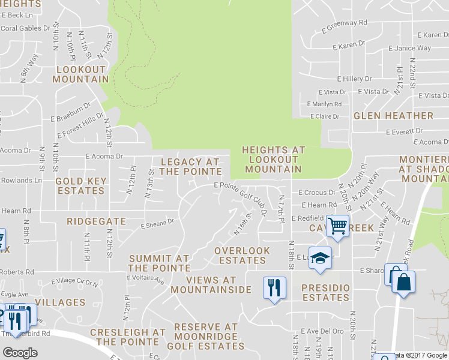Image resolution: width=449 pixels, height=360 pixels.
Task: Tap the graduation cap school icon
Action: click(x=321, y=257)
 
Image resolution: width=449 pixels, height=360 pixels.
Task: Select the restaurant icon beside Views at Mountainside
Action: click(x=274, y=287)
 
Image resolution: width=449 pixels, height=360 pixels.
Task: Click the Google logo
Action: click(x=20, y=353)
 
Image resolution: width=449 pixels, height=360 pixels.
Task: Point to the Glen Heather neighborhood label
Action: click(x=393, y=115)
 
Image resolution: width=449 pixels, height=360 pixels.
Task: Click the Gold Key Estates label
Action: click(x=80, y=186)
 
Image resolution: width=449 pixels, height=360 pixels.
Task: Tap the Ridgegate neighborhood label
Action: click(x=96, y=221)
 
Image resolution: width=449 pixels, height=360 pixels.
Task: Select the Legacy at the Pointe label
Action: click(x=190, y=167)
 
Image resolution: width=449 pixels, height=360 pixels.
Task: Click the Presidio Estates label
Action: click(x=325, y=292)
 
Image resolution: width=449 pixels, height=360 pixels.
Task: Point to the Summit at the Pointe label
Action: click(x=158, y=263)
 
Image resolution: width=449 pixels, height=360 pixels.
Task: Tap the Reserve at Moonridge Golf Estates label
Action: click(x=206, y=337)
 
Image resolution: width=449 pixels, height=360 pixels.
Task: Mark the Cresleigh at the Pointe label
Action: click(x=127, y=337)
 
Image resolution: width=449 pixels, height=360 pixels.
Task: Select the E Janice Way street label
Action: click(x=409, y=49)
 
